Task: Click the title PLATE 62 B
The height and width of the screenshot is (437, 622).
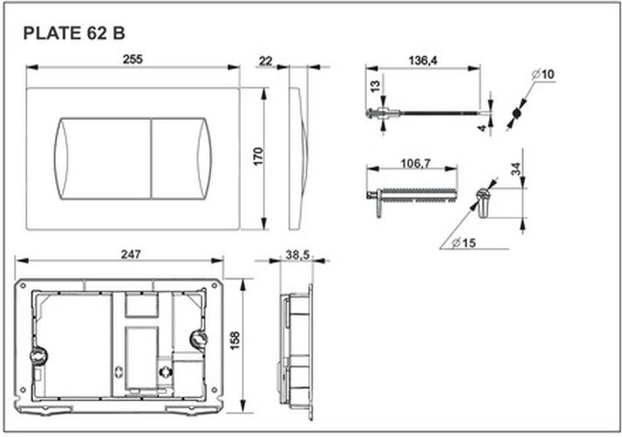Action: [x=74, y=33]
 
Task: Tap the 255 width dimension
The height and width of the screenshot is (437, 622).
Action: [x=132, y=60]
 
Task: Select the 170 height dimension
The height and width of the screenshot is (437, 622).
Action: [x=258, y=157]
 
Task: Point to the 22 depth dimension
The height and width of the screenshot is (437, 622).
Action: [x=265, y=61]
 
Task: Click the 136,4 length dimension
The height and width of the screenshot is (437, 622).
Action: [x=423, y=60]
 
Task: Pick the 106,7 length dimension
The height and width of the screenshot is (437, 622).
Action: [x=415, y=164]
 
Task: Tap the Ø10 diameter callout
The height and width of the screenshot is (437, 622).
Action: [x=543, y=74]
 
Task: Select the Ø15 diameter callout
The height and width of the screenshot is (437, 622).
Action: [x=463, y=243]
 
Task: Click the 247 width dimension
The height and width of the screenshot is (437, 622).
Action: [x=131, y=254]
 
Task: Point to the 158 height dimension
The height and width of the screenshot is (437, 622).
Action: [x=236, y=341]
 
